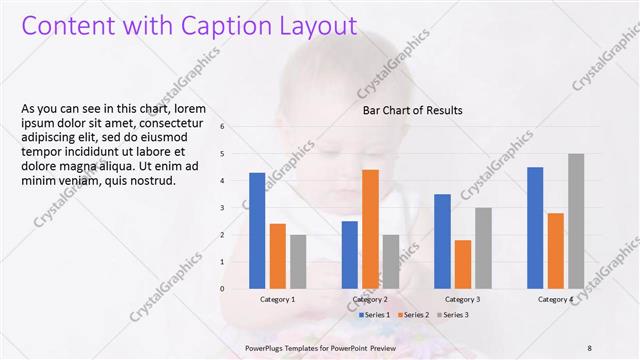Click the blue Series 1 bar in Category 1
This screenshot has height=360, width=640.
(x=257, y=230)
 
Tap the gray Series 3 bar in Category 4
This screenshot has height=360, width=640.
(x=576, y=220)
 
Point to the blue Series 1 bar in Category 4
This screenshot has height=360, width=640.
(x=535, y=227)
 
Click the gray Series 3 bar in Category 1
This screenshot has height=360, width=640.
(x=299, y=261)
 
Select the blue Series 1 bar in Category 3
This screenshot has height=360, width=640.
(x=443, y=241)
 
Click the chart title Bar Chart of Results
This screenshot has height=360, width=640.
(x=412, y=111)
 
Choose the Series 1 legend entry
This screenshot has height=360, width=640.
(x=375, y=315)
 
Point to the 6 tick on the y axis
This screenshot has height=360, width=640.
(x=223, y=127)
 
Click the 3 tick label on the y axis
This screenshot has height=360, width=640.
(x=223, y=208)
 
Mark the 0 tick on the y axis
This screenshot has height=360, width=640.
(x=223, y=289)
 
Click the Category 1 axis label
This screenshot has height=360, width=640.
(x=277, y=299)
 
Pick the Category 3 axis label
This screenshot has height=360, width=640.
(x=462, y=299)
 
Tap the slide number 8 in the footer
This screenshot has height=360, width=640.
(x=590, y=348)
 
